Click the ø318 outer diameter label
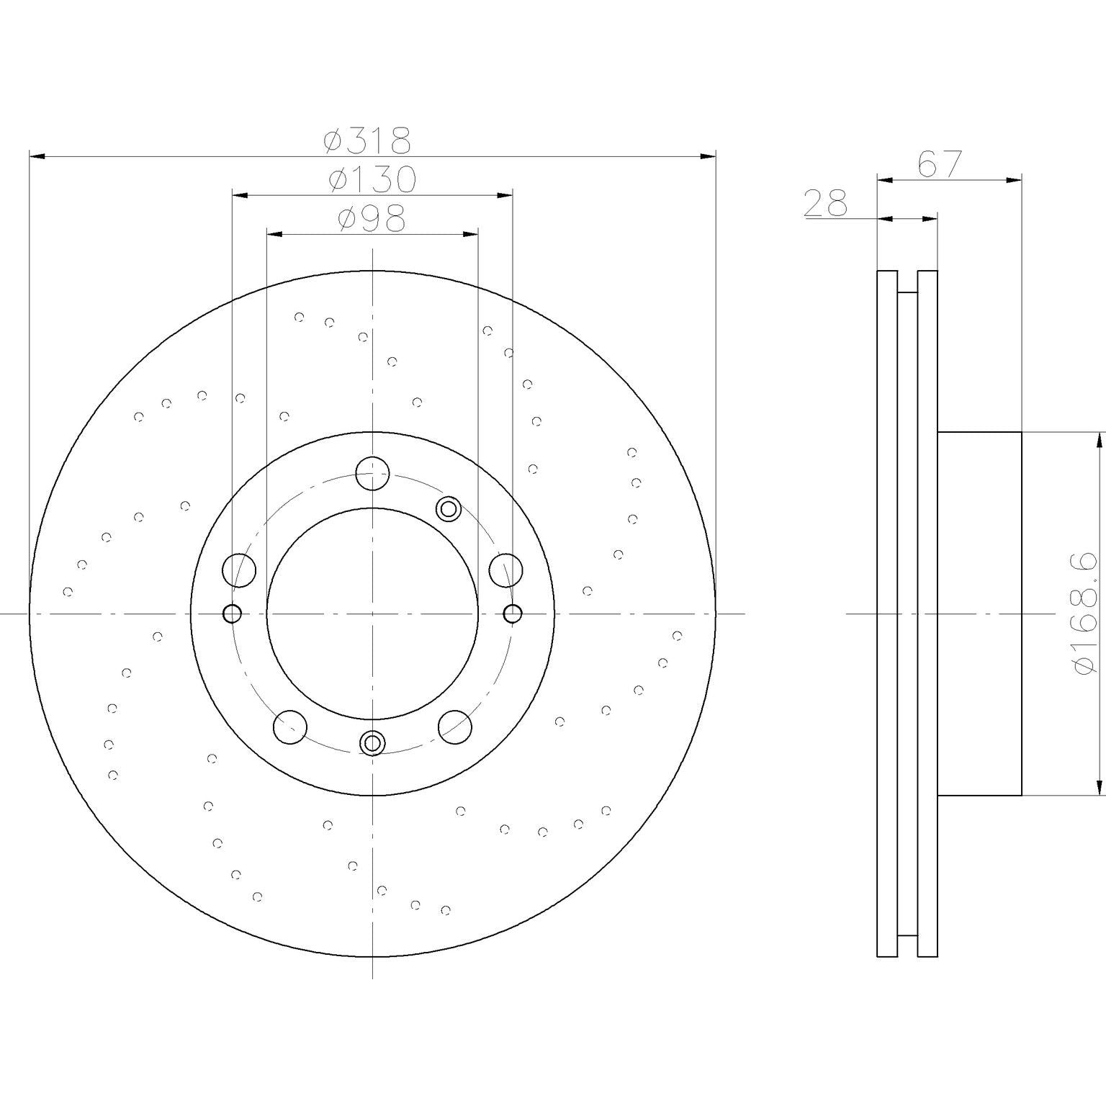(367, 140)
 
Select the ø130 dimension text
(372, 180)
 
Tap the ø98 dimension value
(372, 219)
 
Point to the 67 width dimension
(940, 165)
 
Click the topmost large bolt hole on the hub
(373, 473)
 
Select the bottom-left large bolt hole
(290, 727)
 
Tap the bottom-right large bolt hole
(455, 727)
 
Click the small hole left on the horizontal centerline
(233, 613)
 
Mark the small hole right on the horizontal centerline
(513, 613)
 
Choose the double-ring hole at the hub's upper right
(448, 509)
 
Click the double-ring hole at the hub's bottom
(372, 742)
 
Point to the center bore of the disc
(372, 613)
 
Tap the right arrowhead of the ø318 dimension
(709, 156)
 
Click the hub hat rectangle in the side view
(979, 613)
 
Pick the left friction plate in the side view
(887, 613)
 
